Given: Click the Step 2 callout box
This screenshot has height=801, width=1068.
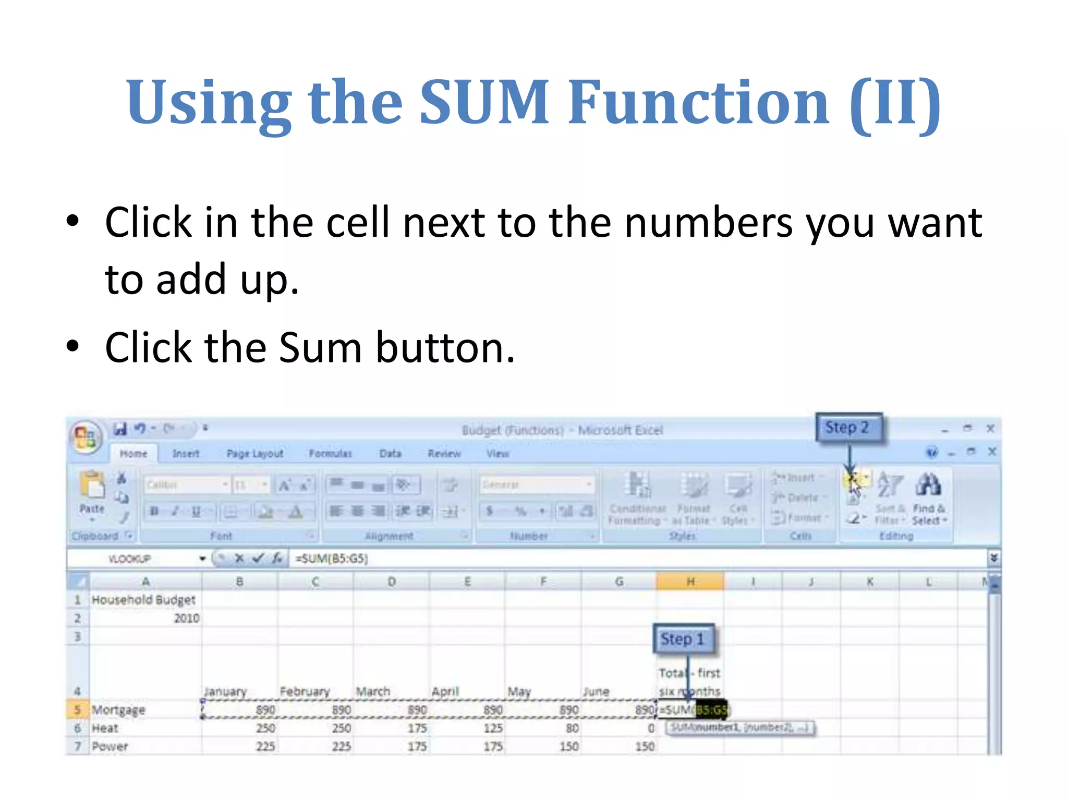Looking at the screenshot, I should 848,428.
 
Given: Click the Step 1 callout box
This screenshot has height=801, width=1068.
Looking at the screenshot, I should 683,639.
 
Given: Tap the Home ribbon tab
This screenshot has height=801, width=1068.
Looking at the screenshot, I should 133,454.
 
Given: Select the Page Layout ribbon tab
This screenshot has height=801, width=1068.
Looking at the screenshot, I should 255,454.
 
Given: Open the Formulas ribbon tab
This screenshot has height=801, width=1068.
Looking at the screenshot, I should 330,454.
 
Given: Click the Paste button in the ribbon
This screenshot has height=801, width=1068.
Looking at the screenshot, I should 92,493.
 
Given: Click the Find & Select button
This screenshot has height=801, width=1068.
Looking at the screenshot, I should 929,498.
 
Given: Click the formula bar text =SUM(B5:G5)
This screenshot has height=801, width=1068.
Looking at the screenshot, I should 332,559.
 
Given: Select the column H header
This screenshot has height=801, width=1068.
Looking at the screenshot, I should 690,581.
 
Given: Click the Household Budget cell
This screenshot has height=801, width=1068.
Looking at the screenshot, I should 143,600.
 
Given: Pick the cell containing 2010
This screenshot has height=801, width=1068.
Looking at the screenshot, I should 186,618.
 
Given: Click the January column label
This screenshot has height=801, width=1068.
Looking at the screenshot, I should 225,691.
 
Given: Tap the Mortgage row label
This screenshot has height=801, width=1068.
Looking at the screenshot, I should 118,710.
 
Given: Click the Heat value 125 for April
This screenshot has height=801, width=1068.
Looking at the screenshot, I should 493,728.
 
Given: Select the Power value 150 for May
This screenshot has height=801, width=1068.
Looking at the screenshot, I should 569,746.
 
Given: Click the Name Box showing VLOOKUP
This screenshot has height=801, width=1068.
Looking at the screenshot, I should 130,559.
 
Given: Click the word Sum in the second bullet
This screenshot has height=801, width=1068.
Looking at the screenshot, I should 320,348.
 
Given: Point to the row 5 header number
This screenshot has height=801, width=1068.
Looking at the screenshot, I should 78,710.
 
